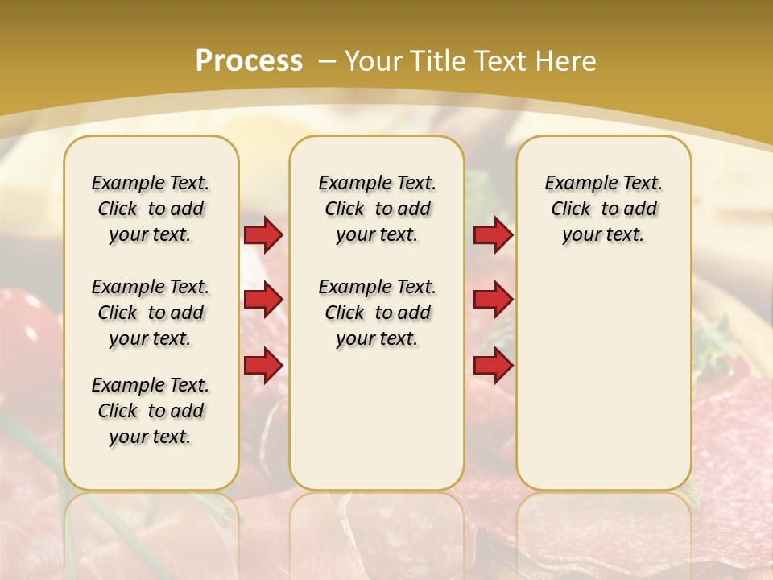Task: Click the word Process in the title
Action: coord(249,60)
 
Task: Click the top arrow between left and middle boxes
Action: coord(263,234)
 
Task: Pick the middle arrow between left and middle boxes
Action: coord(263,300)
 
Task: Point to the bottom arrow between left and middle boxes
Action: coord(263,365)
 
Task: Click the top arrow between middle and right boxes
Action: coord(493,234)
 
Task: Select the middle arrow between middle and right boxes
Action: coord(493,300)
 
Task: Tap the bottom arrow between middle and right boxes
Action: coord(493,365)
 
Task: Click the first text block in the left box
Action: coord(151,209)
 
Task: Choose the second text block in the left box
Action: coord(151,313)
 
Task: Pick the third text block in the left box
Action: coord(151,411)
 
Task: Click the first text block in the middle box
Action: coord(377,209)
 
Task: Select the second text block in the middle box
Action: coord(377,313)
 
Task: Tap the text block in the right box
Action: coord(604,209)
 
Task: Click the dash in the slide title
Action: coord(328,60)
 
